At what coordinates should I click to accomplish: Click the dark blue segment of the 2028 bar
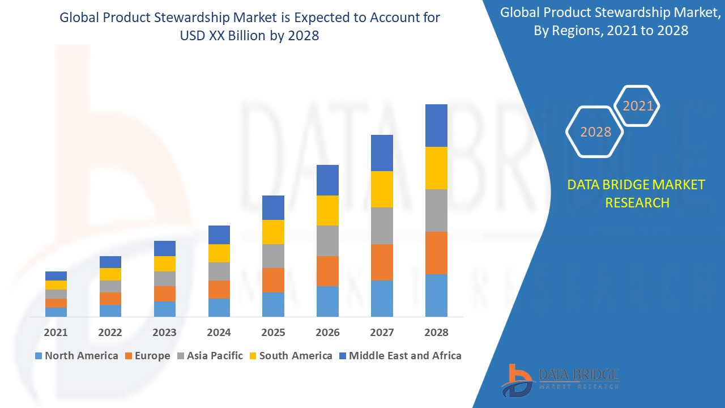436,125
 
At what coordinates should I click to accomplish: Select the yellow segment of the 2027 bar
382,189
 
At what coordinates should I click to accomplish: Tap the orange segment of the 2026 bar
327,271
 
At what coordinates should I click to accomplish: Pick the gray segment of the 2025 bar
273,256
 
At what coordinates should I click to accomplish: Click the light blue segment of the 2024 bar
219,307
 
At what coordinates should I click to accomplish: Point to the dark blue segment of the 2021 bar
56,276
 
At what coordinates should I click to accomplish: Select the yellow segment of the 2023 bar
165,263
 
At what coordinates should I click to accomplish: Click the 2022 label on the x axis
110,333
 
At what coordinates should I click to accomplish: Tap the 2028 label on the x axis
436,333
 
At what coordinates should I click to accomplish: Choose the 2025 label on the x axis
273,333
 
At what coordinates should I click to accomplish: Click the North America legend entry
76,356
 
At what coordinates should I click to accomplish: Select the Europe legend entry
147,356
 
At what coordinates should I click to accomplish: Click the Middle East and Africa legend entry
400,356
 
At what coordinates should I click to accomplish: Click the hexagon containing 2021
637,106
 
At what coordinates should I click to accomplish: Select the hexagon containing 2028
595,131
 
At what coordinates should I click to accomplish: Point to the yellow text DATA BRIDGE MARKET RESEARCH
637,193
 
